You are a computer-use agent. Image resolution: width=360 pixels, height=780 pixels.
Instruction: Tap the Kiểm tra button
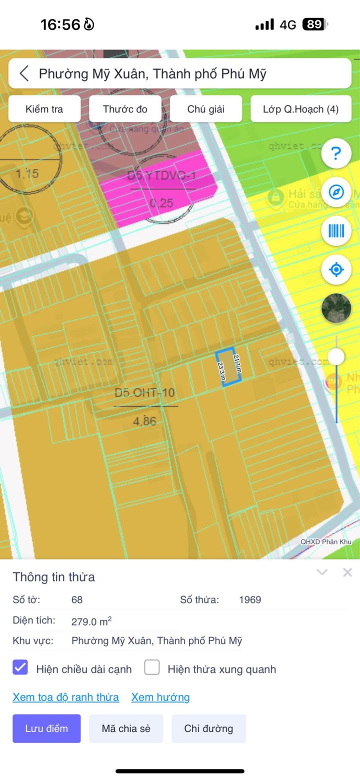(44, 109)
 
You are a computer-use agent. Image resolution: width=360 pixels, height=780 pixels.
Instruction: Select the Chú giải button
(206, 109)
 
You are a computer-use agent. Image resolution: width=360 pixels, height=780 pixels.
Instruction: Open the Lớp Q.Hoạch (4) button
(300, 109)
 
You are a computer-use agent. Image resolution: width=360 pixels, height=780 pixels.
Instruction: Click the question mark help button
(336, 153)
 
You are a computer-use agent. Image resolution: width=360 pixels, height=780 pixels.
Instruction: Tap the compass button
(336, 192)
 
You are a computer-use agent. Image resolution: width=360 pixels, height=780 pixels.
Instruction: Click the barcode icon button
(336, 231)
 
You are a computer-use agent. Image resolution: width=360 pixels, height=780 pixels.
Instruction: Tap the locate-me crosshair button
(336, 270)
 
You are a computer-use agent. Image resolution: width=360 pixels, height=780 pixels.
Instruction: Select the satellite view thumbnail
(336, 308)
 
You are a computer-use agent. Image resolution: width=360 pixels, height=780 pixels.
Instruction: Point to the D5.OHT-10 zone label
(145, 392)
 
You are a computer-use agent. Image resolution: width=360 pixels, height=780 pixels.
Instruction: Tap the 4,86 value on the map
(144, 421)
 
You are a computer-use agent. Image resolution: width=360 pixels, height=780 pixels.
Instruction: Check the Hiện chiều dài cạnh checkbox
(20, 667)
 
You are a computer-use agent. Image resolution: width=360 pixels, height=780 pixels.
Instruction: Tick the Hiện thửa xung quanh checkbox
(152, 667)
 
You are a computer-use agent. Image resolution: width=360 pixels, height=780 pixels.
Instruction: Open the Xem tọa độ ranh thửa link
(65, 697)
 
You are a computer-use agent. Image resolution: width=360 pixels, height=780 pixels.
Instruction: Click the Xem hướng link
(160, 697)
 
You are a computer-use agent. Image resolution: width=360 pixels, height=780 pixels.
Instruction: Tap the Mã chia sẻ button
(126, 728)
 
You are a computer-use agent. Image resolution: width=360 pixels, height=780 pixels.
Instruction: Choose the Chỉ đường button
(208, 728)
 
